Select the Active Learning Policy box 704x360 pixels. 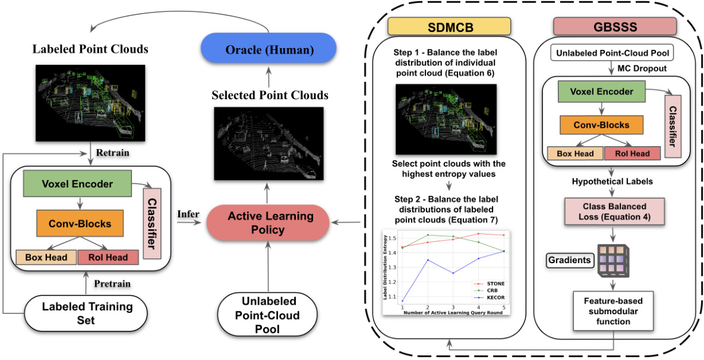click(x=267, y=223)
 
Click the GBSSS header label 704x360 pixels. click(x=615, y=26)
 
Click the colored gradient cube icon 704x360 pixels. click(x=615, y=260)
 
